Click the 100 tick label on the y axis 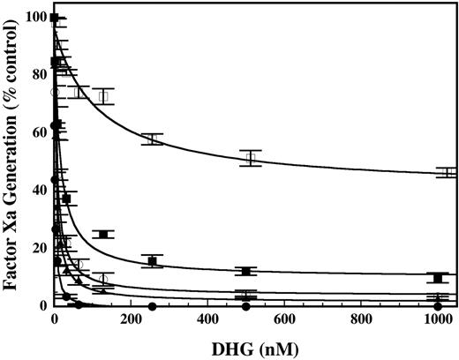tap(36, 18)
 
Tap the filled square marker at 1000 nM tap(438, 278)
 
